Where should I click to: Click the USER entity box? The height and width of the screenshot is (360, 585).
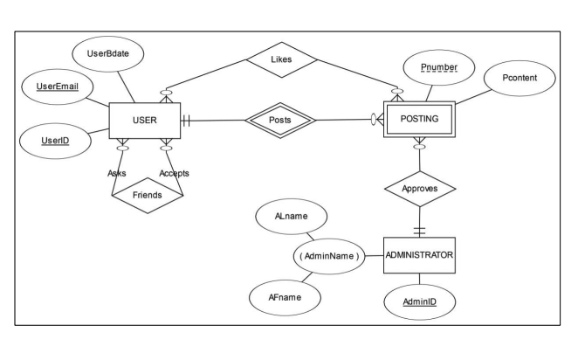click(x=143, y=120)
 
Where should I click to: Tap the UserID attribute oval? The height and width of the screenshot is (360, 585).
click(x=53, y=140)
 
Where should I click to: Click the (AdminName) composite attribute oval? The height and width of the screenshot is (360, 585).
click(x=334, y=256)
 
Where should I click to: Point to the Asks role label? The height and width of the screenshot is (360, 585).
click(x=118, y=172)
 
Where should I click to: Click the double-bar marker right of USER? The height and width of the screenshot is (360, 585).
click(x=186, y=120)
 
